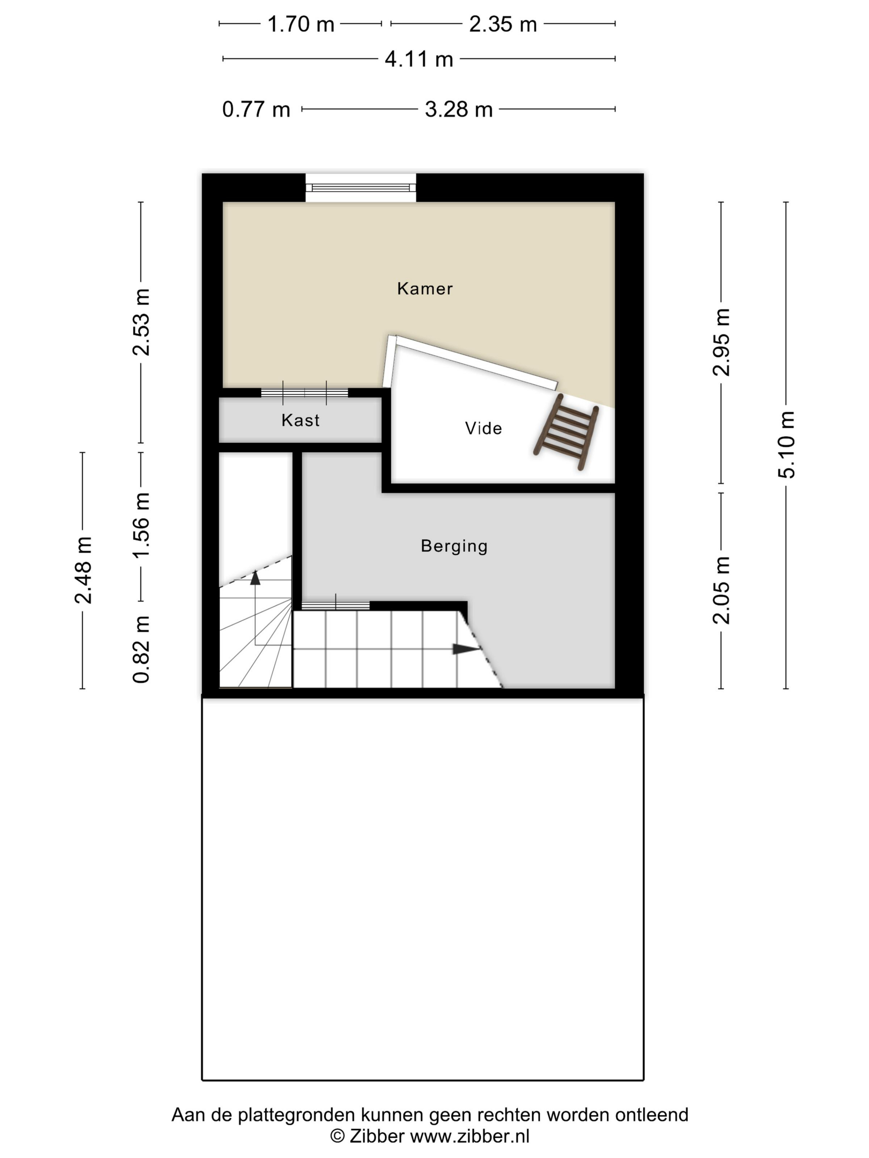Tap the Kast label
click(x=300, y=420)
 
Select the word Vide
click(x=483, y=428)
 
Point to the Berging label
click(x=454, y=546)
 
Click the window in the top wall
click(x=360, y=187)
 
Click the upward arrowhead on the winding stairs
click(x=255, y=577)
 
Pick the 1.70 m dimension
click(x=301, y=24)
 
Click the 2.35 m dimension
click(x=502, y=24)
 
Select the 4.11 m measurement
click(x=418, y=59)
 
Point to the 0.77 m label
click(x=256, y=110)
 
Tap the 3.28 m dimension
click(x=459, y=110)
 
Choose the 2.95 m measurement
click(x=721, y=342)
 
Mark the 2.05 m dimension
click(x=721, y=590)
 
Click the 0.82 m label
click(x=141, y=649)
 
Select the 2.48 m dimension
click(x=83, y=570)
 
